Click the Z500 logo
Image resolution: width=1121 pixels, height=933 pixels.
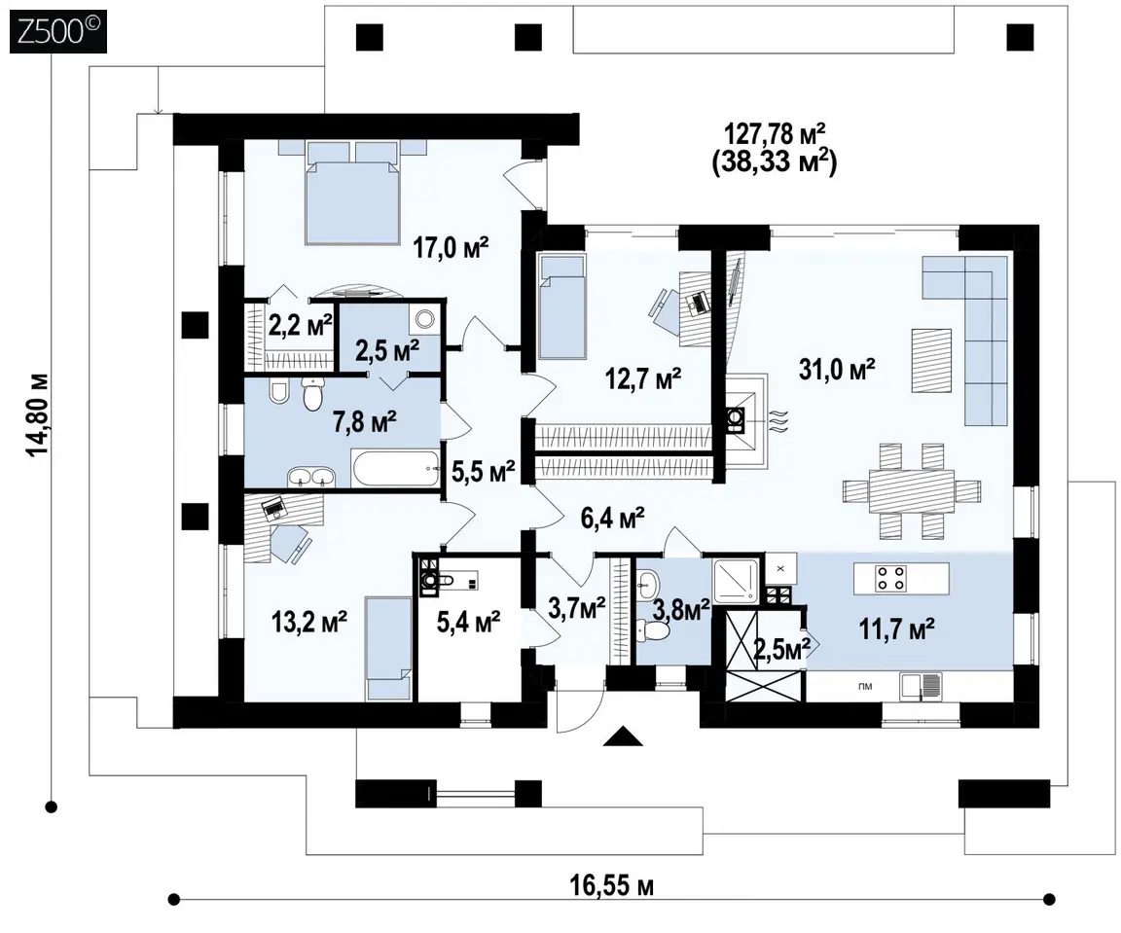point(58,31)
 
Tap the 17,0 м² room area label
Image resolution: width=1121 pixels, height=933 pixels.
point(452,249)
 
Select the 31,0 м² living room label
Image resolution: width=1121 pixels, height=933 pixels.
point(837,370)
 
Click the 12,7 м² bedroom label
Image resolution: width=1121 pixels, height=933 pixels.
point(643,378)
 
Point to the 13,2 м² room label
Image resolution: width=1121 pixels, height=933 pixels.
point(309,622)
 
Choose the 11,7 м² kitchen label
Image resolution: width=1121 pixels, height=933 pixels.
point(897,629)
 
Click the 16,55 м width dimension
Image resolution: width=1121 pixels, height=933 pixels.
point(611,886)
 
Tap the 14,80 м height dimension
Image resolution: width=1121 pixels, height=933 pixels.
point(40,413)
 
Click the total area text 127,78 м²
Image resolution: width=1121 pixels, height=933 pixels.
point(776,133)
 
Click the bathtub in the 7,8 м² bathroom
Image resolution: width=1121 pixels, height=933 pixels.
point(395,468)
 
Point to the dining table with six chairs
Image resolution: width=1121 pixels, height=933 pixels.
point(912,490)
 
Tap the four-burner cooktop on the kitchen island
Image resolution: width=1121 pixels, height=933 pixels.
point(891,578)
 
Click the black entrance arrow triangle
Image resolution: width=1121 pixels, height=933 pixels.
point(624,736)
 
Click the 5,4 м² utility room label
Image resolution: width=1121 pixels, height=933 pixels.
point(468,622)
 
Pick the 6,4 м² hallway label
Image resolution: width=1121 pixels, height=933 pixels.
point(613,519)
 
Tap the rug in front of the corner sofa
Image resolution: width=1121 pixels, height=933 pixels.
point(931,360)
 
